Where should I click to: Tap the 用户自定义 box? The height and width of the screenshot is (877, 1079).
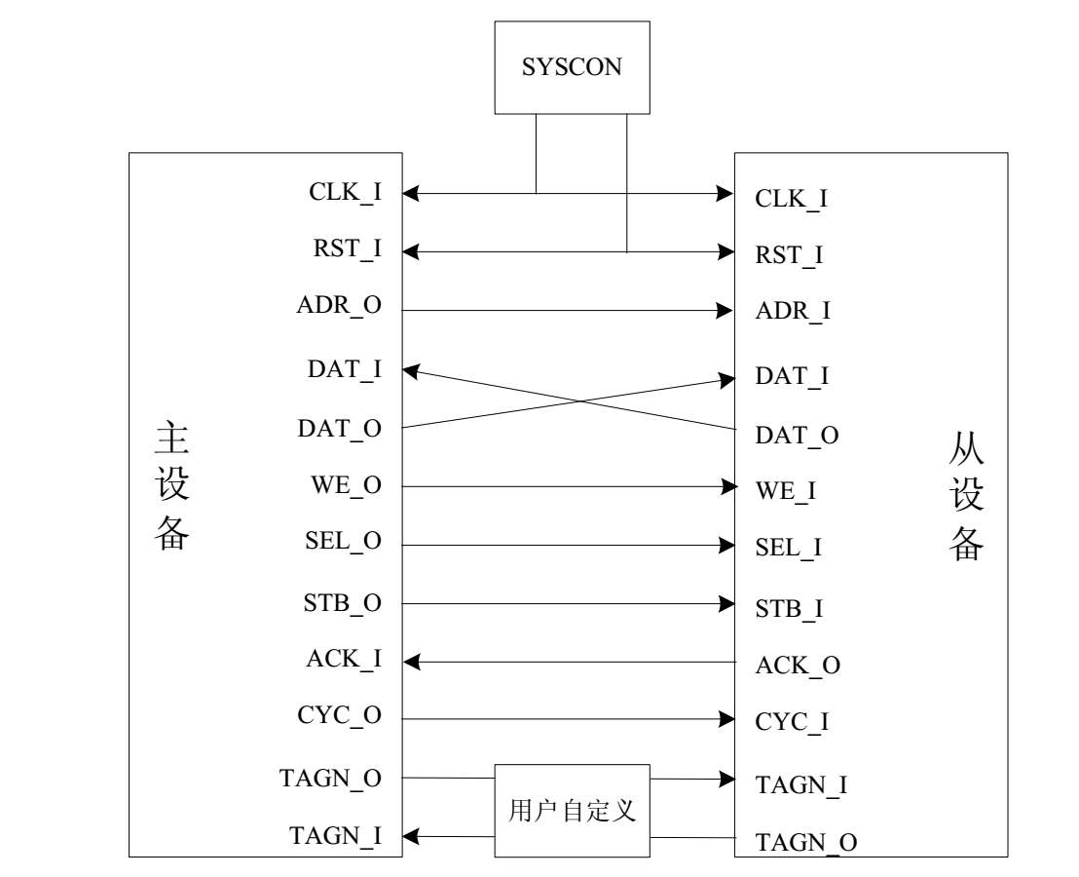(572, 810)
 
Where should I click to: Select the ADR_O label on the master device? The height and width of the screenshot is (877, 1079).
(339, 305)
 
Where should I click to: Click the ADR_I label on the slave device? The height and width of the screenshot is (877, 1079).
(793, 312)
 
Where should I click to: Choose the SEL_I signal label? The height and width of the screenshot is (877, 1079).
(789, 548)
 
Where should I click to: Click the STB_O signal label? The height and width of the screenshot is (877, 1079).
(341, 603)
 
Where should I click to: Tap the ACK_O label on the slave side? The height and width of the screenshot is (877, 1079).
(798, 666)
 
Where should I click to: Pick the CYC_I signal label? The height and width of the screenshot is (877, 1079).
(792, 723)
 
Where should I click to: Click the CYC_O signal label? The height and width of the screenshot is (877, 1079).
(339, 716)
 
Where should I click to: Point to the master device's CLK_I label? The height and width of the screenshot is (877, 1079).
(345, 192)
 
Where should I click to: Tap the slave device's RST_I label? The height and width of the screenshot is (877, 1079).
(790, 255)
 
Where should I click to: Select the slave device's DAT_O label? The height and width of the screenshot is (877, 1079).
(797, 436)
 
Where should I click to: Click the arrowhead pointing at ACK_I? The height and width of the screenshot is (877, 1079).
(411, 663)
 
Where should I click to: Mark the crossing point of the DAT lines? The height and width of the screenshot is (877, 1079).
(581, 400)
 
